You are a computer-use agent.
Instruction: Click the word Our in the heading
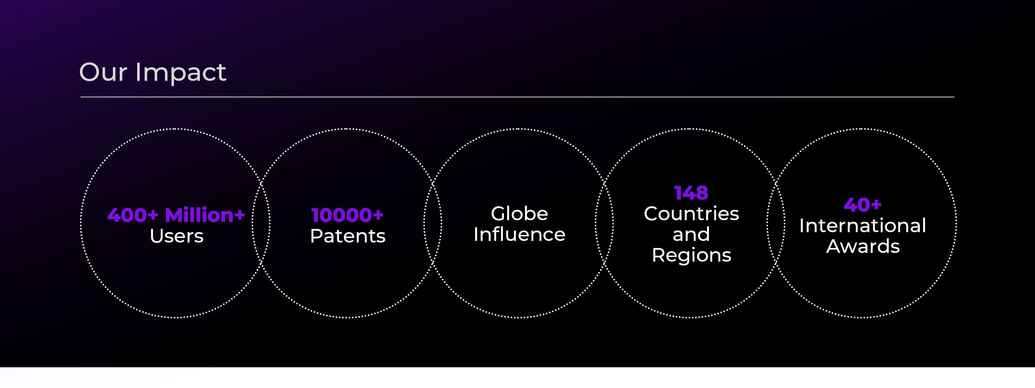(103, 72)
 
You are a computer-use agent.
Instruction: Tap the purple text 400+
(133, 215)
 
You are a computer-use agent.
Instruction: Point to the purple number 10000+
(348, 215)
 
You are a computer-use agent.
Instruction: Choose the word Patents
(348, 236)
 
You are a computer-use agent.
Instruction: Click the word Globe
(519, 213)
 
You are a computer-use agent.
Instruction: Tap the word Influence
(519, 234)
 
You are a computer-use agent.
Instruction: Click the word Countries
(691, 213)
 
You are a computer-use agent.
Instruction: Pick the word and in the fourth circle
(691, 234)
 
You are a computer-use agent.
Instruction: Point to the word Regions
(692, 255)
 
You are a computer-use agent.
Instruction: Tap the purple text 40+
(862, 205)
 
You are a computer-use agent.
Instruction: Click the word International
(862, 225)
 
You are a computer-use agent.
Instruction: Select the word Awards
(863, 246)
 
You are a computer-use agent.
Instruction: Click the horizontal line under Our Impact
(517, 97)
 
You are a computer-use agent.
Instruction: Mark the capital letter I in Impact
(138, 72)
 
